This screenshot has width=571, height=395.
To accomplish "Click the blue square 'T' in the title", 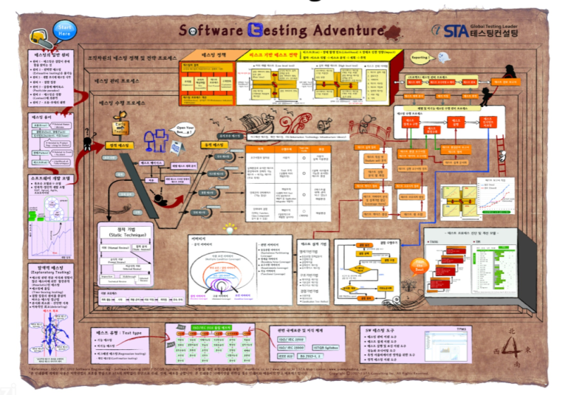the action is click(259, 30).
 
